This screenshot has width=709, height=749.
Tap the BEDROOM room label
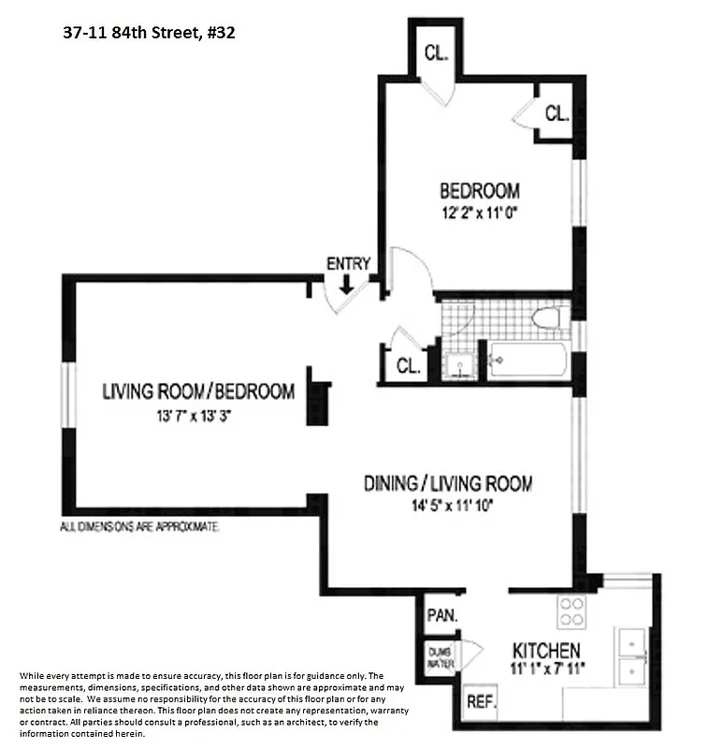(x=479, y=192)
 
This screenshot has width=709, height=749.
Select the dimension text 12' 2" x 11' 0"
(x=479, y=213)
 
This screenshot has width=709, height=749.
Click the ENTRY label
(x=348, y=264)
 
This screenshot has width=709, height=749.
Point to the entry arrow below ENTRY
(x=347, y=283)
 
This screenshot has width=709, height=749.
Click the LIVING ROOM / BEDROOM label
(x=198, y=392)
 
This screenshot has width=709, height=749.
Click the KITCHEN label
(x=546, y=650)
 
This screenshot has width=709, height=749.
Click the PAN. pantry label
(x=442, y=616)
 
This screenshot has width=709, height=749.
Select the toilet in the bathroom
(x=546, y=317)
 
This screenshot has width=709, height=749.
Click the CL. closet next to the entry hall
(x=408, y=366)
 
